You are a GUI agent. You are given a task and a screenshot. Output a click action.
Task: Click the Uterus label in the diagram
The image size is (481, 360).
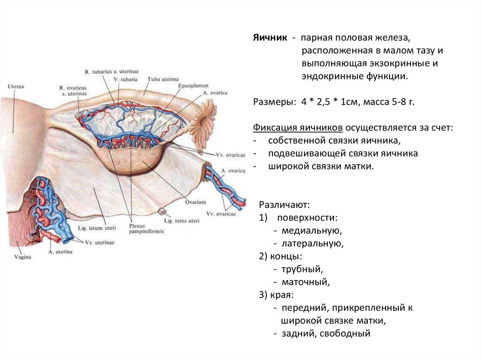(x=16, y=87)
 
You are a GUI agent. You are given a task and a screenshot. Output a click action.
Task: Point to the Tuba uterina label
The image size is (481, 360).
(x=161, y=79)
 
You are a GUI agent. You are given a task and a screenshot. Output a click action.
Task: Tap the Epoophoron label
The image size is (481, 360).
(x=190, y=86)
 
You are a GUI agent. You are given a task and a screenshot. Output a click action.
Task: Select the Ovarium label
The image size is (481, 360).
(x=195, y=202)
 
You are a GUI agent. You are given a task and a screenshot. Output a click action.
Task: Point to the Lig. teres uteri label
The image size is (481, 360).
(x=182, y=221)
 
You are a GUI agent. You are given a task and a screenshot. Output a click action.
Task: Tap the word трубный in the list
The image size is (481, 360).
(x=303, y=269)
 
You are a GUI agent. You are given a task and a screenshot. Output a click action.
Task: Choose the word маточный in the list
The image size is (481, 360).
(x=306, y=282)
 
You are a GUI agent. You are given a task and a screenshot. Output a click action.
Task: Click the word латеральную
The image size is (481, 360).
(x=313, y=244)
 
